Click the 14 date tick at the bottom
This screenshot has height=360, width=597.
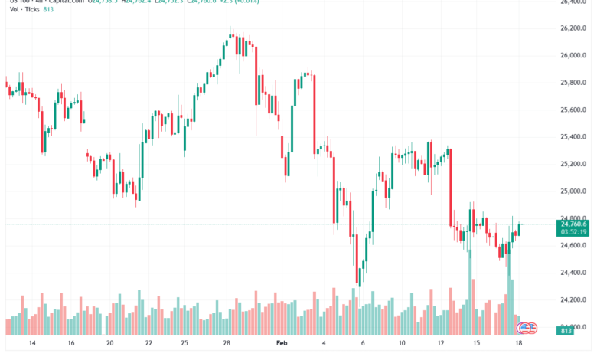pos(32,345)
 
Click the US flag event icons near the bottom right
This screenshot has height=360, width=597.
pos(527,328)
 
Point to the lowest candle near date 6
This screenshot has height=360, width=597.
pos(360,272)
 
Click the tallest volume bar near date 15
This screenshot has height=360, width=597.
pos(471,291)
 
